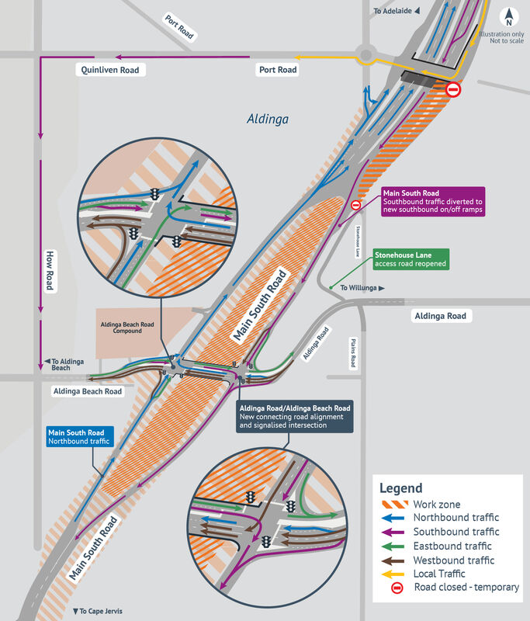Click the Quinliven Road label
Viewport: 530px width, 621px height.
pos(110,70)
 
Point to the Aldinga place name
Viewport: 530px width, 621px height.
pos(267,120)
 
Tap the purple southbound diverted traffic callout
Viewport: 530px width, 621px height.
pos(432,201)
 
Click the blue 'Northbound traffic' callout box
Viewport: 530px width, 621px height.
pos(80,437)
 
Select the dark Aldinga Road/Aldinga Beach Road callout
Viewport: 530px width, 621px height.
pos(295,417)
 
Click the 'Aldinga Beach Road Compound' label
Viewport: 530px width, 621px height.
pos(126,327)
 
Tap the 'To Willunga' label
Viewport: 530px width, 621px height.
pos(362,288)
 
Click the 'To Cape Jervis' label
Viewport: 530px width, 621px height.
pos(99,611)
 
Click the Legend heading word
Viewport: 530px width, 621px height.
pos(400,488)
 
